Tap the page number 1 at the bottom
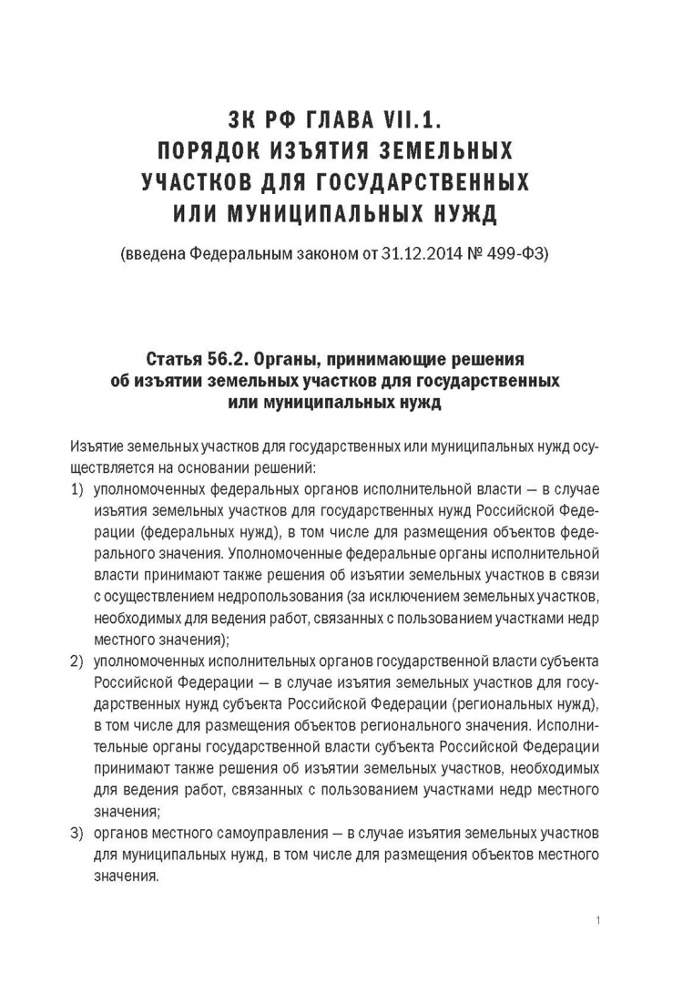tap(596, 921)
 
